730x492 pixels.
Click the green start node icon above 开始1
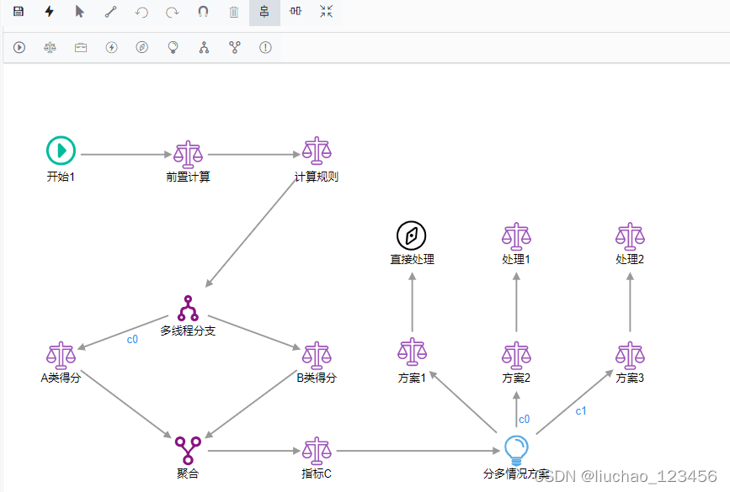[61, 151]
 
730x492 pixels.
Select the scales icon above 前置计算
[188, 154]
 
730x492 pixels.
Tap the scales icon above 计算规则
[317, 151]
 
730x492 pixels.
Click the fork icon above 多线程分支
[187, 308]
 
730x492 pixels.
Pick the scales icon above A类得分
[61, 355]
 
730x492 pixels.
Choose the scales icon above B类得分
[317, 355]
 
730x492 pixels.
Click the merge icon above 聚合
[187, 450]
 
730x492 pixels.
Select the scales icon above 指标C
[317, 450]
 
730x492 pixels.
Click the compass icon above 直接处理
[412, 235]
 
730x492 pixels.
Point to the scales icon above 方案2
[515, 355]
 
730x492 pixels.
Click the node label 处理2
[630, 260]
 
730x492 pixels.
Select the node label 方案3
[630, 378]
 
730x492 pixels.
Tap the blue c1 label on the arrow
[581, 411]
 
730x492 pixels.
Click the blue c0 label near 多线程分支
[132, 340]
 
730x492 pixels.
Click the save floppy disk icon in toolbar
[19, 12]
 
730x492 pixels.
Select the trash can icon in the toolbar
[234, 12]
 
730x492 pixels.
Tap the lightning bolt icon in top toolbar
[50, 12]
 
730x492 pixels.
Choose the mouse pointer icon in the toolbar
[80, 12]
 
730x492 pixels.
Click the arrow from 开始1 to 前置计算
[125, 155]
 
